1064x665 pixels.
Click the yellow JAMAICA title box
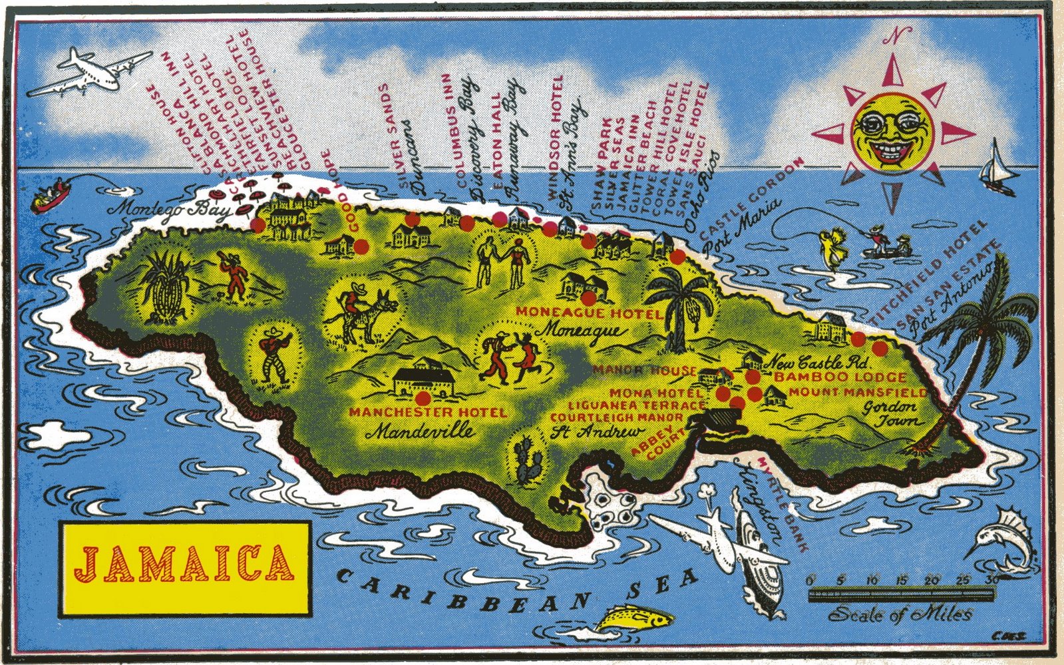[186, 568]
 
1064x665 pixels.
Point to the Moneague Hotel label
[589, 313]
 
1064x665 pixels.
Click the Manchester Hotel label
[427, 413]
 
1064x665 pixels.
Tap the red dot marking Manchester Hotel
[422, 399]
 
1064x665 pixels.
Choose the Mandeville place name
[422, 431]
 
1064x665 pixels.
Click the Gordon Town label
[890, 414]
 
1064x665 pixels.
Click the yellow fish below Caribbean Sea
[631, 618]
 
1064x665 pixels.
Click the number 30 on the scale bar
[993, 579]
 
